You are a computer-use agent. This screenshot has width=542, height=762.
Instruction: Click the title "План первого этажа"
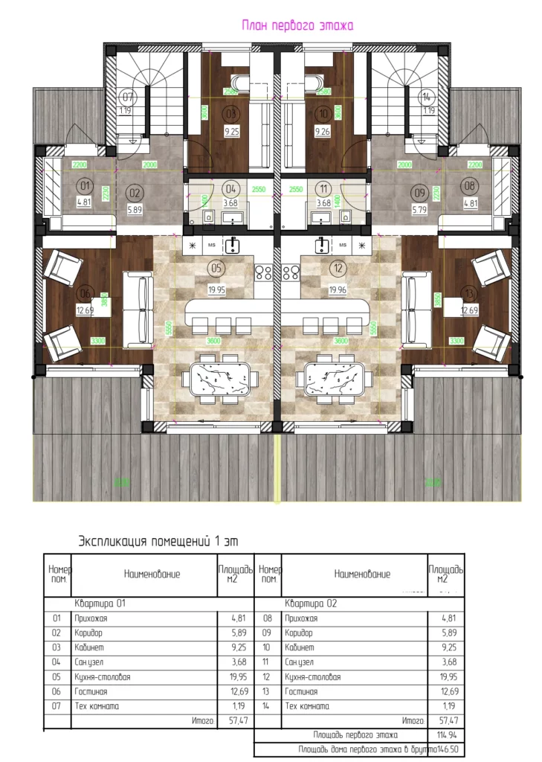coord(297,25)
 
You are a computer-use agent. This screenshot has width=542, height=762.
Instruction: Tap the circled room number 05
coord(217,268)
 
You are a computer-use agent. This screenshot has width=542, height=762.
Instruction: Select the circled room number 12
coord(338,268)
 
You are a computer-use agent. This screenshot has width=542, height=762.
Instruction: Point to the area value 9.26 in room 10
coord(322,132)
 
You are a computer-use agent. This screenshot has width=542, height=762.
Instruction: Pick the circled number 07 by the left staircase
coord(127,97)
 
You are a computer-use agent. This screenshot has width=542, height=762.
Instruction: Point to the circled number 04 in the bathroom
coord(230,188)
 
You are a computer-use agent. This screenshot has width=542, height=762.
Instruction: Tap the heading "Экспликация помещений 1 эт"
coord(158,541)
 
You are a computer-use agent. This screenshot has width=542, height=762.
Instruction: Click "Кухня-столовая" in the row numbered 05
coord(103,677)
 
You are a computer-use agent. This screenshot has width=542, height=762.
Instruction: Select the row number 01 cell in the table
coord(57,618)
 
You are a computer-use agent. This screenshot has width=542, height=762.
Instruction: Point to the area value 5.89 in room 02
coord(134,211)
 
